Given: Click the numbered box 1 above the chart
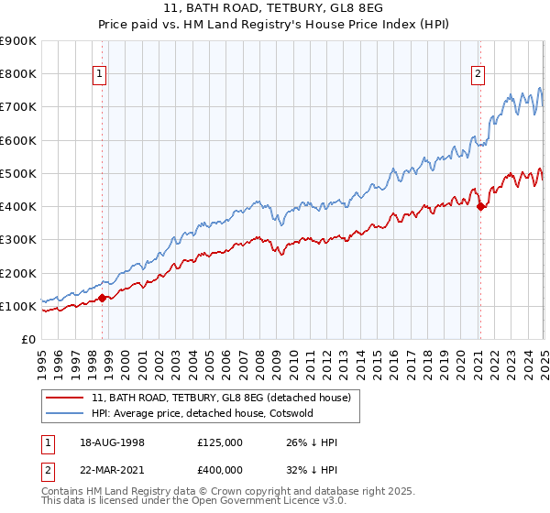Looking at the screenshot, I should click(x=99, y=76).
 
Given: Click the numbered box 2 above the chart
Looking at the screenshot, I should click(x=478, y=76).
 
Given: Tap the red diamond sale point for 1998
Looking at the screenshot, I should click(x=103, y=298).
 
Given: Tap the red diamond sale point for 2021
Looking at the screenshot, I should click(x=480, y=206).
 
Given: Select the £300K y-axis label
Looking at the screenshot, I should click(x=18, y=240).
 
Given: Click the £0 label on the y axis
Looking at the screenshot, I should click(x=27, y=339).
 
